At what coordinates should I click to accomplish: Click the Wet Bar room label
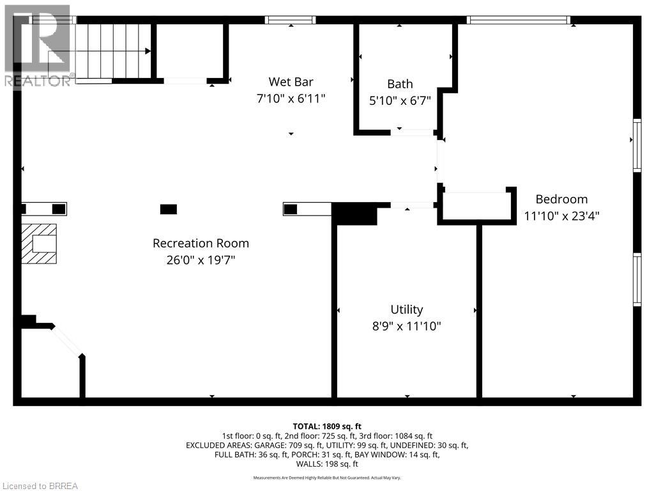click(291, 82)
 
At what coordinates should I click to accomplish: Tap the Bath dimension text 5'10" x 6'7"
click(400, 100)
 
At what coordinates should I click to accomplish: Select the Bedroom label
click(561, 199)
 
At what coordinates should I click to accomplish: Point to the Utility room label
click(407, 310)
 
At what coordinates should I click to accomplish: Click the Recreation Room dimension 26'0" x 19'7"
click(201, 260)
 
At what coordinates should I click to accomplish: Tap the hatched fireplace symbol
click(39, 244)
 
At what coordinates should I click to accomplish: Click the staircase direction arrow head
click(148, 51)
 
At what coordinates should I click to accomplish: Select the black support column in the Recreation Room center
click(169, 209)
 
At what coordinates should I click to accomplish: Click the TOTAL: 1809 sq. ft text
click(327, 426)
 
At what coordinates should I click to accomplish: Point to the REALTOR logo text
click(38, 81)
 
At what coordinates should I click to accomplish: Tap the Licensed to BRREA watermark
click(40, 486)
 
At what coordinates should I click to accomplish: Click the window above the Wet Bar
click(291, 20)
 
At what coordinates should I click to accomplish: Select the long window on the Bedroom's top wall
click(519, 20)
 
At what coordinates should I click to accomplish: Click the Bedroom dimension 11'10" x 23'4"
click(561, 216)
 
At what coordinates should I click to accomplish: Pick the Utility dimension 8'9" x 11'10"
click(407, 326)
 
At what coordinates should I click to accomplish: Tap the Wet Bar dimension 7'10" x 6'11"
click(291, 98)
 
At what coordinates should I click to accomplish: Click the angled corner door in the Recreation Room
click(66, 341)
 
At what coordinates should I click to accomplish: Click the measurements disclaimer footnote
click(327, 478)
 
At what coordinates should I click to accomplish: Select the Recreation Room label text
click(201, 244)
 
